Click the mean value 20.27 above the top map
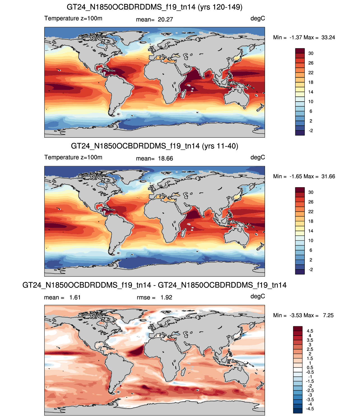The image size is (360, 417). click(x=165, y=20)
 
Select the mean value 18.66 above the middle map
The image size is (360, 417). click(x=165, y=159)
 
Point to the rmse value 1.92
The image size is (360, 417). click(x=166, y=297)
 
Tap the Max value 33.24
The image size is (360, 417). click(x=328, y=38)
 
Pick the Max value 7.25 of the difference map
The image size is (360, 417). click(x=328, y=315)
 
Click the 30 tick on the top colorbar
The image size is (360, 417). click(x=311, y=53)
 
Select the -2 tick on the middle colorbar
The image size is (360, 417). click(x=311, y=270)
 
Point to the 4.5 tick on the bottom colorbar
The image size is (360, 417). click(x=310, y=331)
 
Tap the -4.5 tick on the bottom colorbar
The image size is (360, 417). click(x=310, y=409)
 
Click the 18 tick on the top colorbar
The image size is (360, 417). click(x=311, y=82)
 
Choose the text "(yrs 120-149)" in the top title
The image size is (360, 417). click(x=220, y=7)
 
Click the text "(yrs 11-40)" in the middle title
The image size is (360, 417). click(x=220, y=146)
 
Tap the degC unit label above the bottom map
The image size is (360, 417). click(x=258, y=296)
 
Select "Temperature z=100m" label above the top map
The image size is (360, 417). click(x=73, y=18)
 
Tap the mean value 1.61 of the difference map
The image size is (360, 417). click(x=75, y=297)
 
